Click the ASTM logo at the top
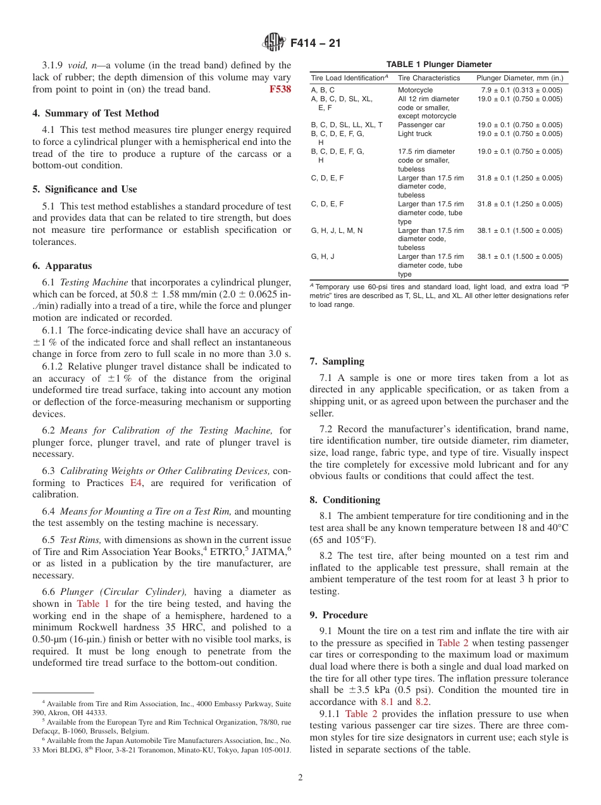(274, 43)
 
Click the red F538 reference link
(280, 89)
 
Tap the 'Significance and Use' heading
(85, 189)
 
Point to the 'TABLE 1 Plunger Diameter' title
(439, 65)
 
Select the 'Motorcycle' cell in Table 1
(415, 90)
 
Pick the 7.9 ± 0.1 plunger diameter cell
(521, 90)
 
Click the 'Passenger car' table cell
(421, 125)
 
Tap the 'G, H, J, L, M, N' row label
(337, 230)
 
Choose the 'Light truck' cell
(414, 134)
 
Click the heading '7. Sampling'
(337, 361)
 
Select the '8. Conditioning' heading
(345, 499)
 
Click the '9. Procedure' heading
(338, 615)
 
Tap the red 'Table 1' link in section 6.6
(93, 604)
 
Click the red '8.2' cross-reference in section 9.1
(423, 701)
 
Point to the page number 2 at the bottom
(300, 778)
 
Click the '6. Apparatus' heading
(62, 266)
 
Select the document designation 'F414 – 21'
(315, 43)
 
